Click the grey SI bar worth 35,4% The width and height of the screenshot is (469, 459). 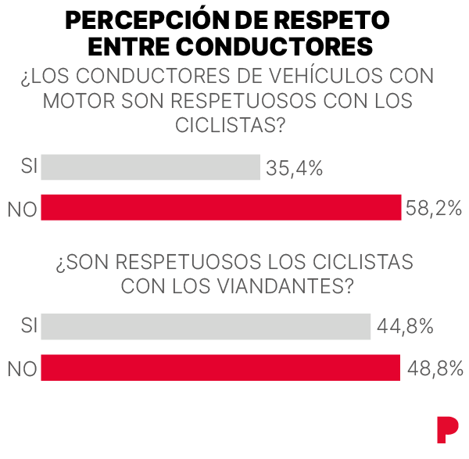150,167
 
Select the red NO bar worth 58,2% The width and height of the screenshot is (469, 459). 220,207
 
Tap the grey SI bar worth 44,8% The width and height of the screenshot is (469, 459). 206,327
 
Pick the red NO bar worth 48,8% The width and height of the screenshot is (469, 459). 220,368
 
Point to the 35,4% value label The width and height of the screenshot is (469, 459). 295,167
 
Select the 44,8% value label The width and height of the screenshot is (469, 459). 405,327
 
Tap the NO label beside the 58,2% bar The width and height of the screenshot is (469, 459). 22,209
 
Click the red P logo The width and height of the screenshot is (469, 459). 447,431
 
